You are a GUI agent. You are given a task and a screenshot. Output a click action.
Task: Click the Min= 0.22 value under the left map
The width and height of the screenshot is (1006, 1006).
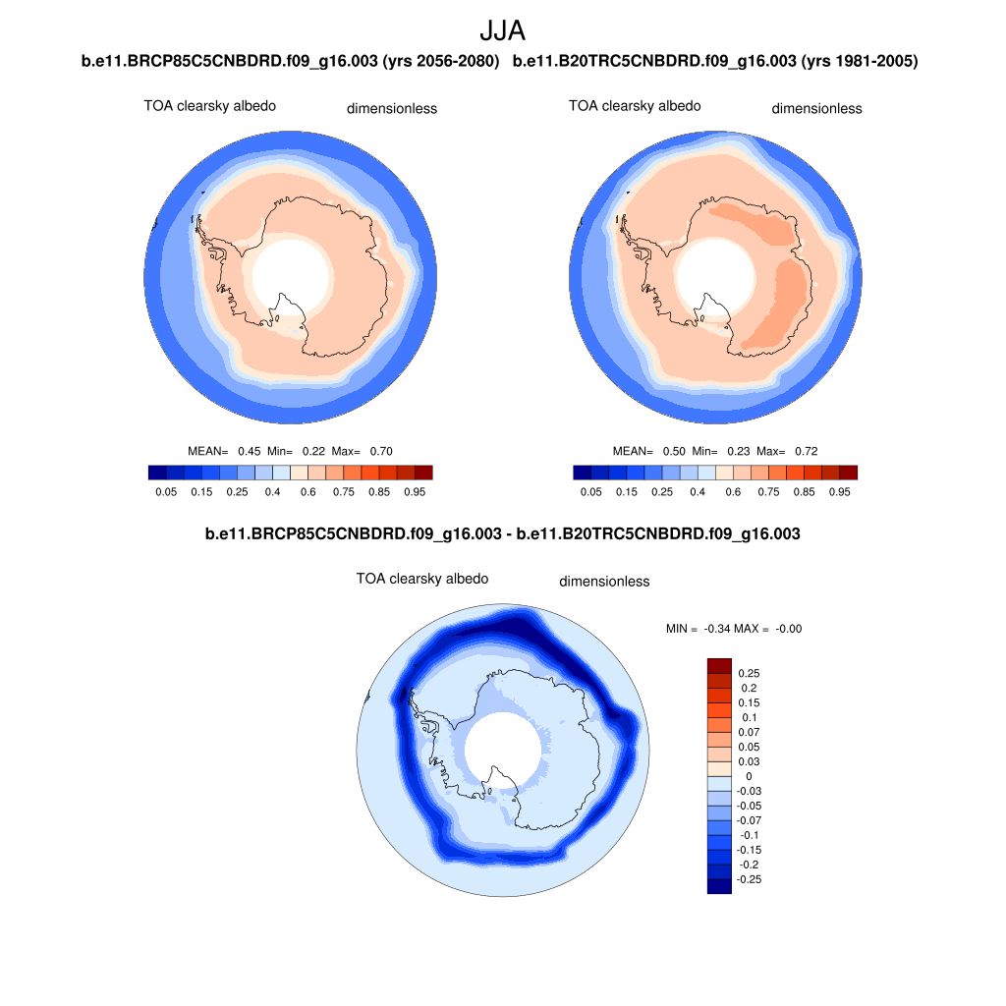coord(296,452)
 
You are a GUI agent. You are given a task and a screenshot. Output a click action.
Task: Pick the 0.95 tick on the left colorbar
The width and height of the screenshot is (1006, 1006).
coord(414,491)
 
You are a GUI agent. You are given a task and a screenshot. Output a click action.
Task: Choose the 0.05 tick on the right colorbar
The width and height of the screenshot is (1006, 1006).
coord(590,491)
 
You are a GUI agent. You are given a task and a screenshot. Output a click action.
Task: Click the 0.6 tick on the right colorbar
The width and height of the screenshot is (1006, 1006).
coord(733,491)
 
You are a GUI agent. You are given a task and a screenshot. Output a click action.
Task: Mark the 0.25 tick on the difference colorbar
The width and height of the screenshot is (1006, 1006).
coord(750,674)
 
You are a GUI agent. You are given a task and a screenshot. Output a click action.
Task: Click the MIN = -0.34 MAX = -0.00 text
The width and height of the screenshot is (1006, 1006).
coord(733,629)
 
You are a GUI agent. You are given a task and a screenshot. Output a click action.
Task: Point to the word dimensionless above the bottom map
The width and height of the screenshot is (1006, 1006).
coord(604,582)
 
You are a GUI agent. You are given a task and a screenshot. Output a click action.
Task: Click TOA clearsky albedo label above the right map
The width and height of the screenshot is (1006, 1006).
coord(635,106)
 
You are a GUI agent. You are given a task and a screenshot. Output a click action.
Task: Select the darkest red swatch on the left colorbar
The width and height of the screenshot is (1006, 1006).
coord(423,473)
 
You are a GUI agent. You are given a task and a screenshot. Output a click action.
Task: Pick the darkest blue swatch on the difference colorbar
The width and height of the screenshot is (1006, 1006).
coord(719,886)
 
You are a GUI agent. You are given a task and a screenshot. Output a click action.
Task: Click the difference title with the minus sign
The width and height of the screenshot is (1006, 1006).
coord(502,535)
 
